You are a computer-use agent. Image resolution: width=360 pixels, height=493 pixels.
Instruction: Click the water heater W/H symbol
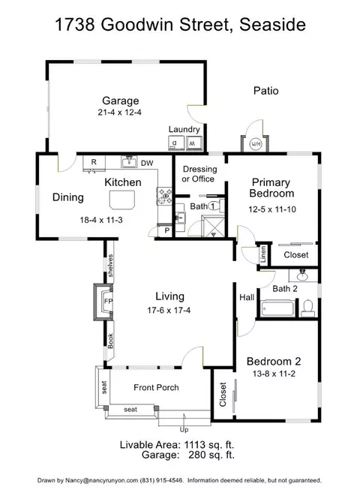coord(255,144)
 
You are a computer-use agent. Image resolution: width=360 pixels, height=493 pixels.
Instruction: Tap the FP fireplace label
coord(109,301)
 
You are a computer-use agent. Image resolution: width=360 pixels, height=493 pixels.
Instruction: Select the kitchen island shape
coord(122,200)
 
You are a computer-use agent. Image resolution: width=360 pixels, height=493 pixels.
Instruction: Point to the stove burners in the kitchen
coord(164,196)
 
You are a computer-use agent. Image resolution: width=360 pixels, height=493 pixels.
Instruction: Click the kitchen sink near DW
coord(129,162)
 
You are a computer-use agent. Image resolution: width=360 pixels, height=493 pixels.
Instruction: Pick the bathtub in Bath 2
coord(277,308)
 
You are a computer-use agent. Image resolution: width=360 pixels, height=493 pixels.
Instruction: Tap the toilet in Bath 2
coord(307,308)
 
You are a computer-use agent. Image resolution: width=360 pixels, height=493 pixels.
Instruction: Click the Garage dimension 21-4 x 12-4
coord(119,113)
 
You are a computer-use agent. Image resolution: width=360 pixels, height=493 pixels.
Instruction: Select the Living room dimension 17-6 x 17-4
coord(169,311)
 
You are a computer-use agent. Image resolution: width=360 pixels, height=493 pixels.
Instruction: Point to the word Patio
coord(266,91)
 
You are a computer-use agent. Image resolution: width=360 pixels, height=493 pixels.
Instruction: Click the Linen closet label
coord(263,254)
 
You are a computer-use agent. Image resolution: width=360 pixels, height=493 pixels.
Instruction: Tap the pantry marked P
coord(166,231)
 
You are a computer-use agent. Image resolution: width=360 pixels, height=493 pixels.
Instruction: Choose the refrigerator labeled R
coord(94,162)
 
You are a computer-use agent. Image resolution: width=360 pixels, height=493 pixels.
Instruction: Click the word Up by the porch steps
coord(184,429)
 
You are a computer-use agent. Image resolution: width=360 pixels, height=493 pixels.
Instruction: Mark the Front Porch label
coord(156,387)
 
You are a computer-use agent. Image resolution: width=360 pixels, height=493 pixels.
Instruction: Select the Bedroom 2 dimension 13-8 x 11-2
coord(274,374)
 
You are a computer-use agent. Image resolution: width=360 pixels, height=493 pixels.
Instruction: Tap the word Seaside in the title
coord(272,25)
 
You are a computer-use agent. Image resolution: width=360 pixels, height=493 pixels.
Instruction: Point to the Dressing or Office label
coord(199,174)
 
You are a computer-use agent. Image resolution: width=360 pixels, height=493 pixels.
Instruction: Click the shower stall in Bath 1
coord(214,226)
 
